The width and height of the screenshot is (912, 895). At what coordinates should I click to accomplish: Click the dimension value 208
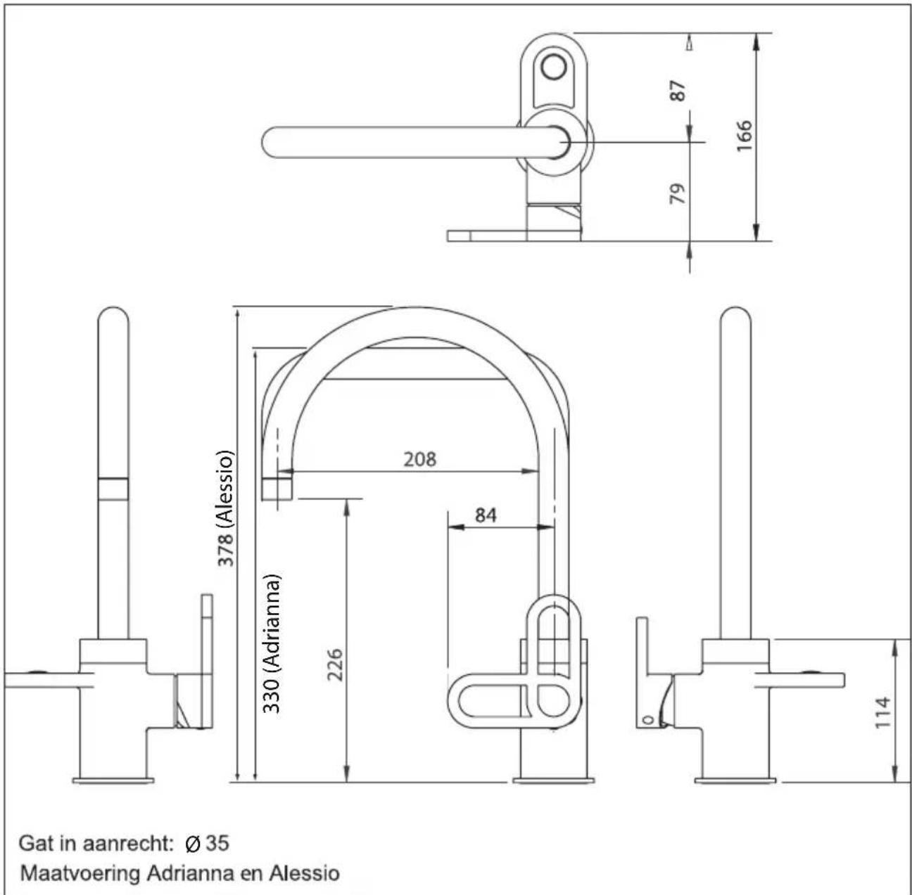(x=419, y=459)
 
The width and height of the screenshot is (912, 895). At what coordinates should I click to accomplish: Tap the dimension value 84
(x=486, y=515)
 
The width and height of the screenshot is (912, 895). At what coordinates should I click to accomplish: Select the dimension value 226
(x=336, y=664)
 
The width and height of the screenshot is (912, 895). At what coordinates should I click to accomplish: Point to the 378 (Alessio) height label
(x=225, y=508)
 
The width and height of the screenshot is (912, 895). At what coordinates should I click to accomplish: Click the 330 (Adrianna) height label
(x=272, y=643)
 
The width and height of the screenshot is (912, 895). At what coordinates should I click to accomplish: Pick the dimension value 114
(x=882, y=712)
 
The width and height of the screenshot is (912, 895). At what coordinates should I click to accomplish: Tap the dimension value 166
(x=744, y=136)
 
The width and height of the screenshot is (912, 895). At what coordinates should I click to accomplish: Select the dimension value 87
(x=678, y=91)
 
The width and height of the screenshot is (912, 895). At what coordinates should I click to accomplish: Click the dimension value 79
(x=677, y=193)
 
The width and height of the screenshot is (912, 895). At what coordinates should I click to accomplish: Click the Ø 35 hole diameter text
(x=208, y=843)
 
